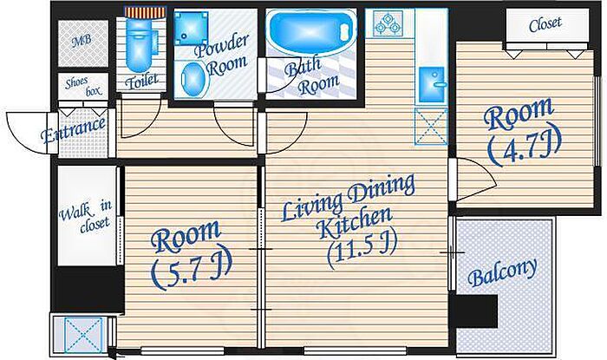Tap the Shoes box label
[83, 87]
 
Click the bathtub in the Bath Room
[311, 32]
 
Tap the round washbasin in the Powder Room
[193, 78]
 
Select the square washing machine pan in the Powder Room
[191, 28]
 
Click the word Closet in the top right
[545, 24]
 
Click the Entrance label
[73, 129]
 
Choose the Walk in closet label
[86, 217]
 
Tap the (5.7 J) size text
[191, 267]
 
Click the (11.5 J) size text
[362, 251]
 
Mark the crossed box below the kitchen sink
[430, 127]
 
